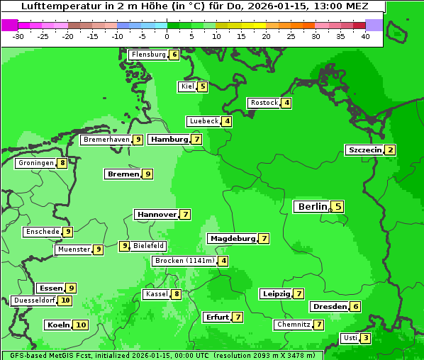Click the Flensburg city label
[x=148, y=55]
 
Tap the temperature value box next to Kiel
[x=203, y=86]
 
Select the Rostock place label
[x=264, y=103]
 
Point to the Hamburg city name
[x=169, y=140]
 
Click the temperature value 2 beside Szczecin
[x=390, y=150]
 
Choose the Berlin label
[x=311, y=206]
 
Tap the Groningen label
[x=35, y=163]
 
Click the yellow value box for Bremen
[x=147, y=174]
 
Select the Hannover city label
[x=157, y=214]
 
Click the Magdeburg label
[x=232, y=238]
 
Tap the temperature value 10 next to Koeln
[x=80, y=325]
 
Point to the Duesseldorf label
[x=34, y=300]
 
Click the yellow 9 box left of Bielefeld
[x=125, y=246]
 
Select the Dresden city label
[x=329, y=307]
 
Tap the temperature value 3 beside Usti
[x=365, y=337]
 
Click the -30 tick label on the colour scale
[x=18, y=37]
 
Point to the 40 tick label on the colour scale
[x=365, y=37]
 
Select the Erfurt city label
[x=216, y=317]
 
